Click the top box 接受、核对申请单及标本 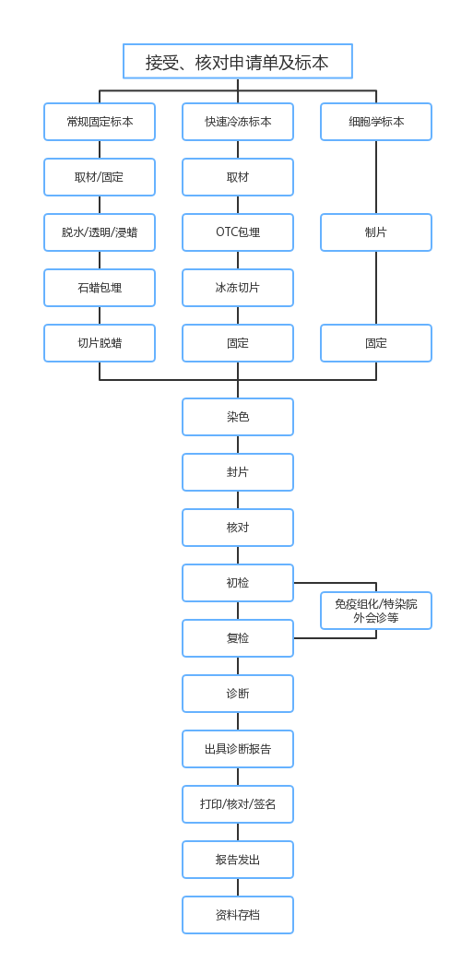pos(237,62)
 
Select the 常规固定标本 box pos(100,122)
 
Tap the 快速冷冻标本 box pos(238,122)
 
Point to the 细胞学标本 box pos(376,122)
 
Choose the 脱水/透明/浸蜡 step pos(100,232)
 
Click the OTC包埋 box pos(238,232)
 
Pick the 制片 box pos(376,232)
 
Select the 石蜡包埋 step pos(100,288)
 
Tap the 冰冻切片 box pos(238,288)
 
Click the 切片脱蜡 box pos(100,343)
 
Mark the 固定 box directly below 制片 pos(376,343)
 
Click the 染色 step pos(238,417)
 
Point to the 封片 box pos(238,472)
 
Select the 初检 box pos(238,583)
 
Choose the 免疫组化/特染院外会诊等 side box pos(376,611)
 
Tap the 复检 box pos(238,638)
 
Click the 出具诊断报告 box pos(238,749)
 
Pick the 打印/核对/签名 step pos(238,804)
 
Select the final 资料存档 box pos(238,915)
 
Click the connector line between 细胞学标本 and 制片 pos(376,177)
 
